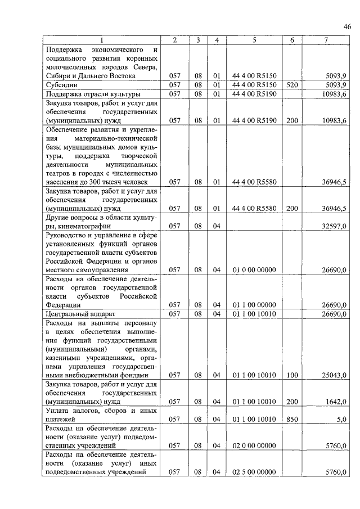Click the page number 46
tap(348, 26)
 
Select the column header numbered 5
tap(254, 40)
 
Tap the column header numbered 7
tap(326, 40)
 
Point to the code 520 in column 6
tap(291, 84)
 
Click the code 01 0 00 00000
tap(254, 270)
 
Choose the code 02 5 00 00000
tap(254, 472)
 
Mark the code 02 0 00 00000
tap(254, 446)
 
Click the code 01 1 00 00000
tap(254, 305)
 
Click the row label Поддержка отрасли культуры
tap(93, 93)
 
